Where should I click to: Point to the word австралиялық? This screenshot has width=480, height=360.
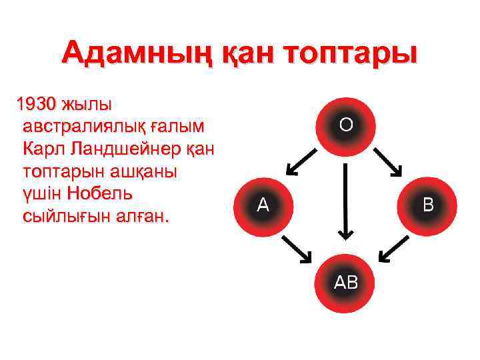(84, 127)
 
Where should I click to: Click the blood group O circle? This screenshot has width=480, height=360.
(346, 125)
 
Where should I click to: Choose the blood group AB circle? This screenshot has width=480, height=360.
(345, 283)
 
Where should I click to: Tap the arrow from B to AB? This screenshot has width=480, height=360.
(393, 248)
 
